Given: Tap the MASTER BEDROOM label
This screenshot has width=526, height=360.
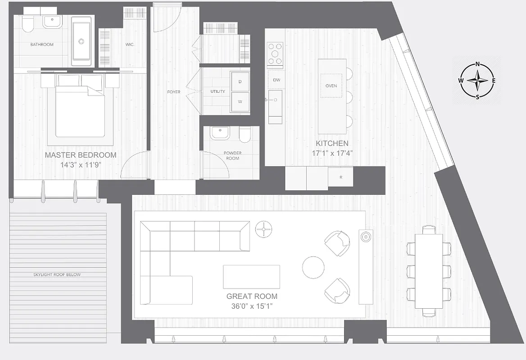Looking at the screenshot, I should click(81, 155).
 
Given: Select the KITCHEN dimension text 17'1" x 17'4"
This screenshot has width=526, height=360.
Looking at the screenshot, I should click(332, 153).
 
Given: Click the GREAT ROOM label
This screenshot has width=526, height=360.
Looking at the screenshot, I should click(252, 297).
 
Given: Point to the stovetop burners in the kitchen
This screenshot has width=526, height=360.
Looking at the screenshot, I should click(275, 54).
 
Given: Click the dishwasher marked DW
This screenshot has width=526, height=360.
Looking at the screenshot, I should click(276, 80).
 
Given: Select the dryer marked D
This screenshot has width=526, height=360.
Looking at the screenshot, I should click(240, 81).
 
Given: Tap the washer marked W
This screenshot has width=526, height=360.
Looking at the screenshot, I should click(240, 102).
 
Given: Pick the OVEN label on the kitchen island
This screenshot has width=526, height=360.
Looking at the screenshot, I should click(331, 85).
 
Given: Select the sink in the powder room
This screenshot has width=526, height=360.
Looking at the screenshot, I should click(220, 133).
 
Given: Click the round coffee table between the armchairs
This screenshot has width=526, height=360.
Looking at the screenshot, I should click(313, 267).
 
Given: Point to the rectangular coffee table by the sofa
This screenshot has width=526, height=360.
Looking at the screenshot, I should click(251, 277).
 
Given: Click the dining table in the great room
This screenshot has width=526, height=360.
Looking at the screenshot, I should click(429, 270).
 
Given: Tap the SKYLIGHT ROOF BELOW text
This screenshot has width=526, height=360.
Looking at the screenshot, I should click(57, 274).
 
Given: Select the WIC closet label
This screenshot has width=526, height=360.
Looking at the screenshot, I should click(129, 45).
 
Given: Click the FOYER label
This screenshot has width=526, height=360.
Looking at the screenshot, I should click(173, 92).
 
